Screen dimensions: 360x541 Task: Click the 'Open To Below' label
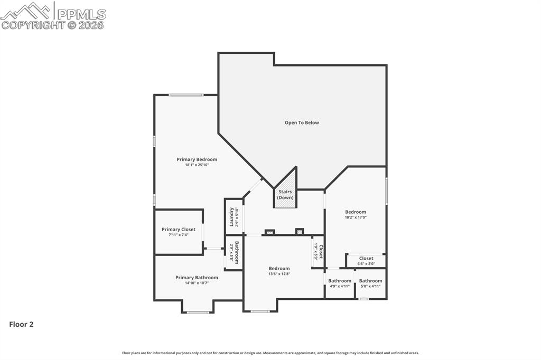tap(302, 122)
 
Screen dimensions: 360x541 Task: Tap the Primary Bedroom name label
tap(197, 159)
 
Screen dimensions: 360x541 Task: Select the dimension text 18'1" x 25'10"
tap(197, 165)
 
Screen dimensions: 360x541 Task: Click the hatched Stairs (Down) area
tap(285, 195)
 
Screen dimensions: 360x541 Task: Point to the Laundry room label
tap(231, 216)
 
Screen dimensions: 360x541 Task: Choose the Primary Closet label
tap(179, 230)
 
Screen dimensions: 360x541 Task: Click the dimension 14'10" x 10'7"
tap(197, 283)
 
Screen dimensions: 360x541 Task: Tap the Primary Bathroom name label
tap(197, 278)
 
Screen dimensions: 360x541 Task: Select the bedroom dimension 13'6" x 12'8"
tap(279, 273)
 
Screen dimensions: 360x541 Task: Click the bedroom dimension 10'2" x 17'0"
tap(356, 217)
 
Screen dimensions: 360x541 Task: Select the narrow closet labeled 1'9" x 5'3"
tap(318, 251)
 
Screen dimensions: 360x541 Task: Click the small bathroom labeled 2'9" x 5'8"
tap(234, 253)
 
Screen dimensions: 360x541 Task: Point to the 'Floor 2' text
tap(21, 325)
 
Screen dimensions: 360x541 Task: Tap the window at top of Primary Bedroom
tap(186, 95)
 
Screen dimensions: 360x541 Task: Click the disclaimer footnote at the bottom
tap(270, 353)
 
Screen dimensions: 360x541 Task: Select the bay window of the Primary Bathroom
tap(198, 312)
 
